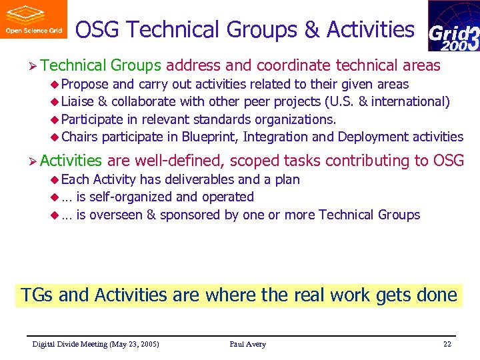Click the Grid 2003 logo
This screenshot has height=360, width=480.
(453, 27)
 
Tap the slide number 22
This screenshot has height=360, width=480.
(447, 344)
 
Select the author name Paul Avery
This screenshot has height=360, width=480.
(247, 344)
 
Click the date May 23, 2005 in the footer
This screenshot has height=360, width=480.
(131, 344)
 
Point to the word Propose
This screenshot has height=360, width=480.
(85, 85)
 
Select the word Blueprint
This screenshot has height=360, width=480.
(210, 137)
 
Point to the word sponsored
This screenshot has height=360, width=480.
(190, 215)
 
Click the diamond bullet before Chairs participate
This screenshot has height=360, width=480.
(55, 137)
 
